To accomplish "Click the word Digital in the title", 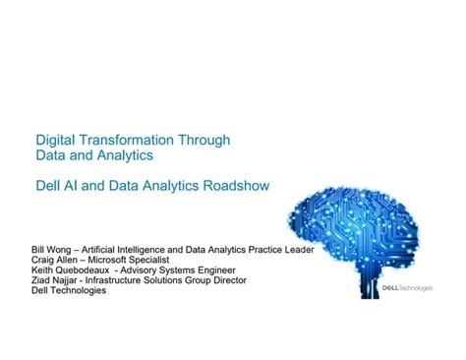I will tap(56, 140).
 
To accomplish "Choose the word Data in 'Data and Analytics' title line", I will tap(52, 155).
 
